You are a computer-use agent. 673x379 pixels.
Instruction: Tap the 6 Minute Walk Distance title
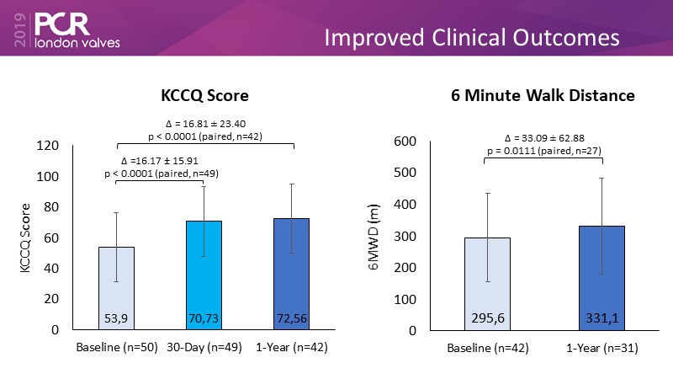[543, 96]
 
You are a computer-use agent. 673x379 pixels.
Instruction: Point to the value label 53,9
[117, 319]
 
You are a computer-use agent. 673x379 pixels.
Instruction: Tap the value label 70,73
[204, 319]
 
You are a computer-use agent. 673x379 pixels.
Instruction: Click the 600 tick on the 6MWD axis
[406, 141]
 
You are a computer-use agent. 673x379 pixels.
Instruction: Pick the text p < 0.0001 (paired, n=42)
[206, 134]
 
